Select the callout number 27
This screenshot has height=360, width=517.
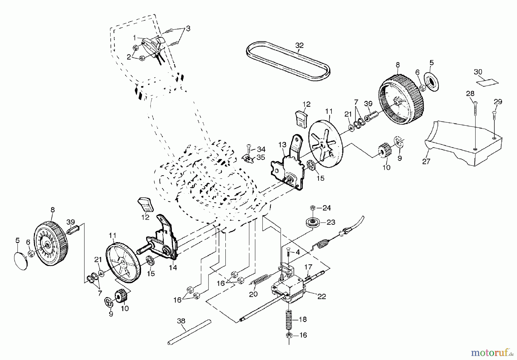point(426,161)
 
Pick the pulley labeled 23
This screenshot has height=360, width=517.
point(312,223)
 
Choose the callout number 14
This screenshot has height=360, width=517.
point(173,267)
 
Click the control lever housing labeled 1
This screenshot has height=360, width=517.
point(152,46)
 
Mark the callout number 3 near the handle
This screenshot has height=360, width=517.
point(188,28)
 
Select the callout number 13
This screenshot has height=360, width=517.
point(282,145)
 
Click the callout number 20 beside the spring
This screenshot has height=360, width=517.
point(253,294)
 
